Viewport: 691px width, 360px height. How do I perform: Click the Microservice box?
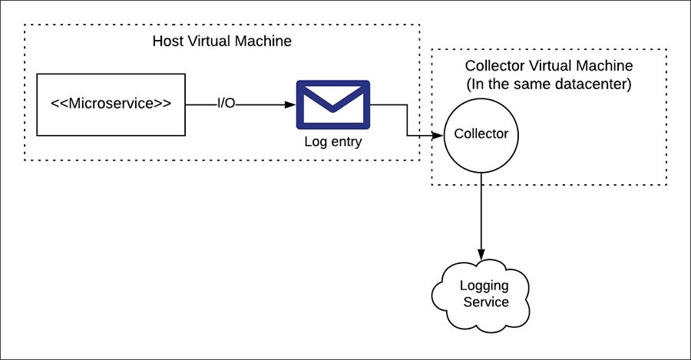click(x=111, y=104)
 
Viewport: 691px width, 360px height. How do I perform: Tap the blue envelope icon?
click(x=332, y=104)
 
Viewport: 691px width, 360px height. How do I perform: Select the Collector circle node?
click(x=481, y=134)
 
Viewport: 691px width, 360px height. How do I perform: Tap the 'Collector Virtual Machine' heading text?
click(x=548, y=65)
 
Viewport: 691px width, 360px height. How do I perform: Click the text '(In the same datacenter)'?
click(x=548, y=84)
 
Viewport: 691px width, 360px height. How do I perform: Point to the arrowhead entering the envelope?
click(x=289, y=104)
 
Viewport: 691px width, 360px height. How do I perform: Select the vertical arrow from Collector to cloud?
click(x=481, y=215)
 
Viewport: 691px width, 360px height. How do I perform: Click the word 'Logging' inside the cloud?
click(x=484, y=286)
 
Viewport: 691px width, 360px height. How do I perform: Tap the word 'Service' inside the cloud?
click(x=484, y=302)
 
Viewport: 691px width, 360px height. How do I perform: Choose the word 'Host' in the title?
click(x=169, y=41)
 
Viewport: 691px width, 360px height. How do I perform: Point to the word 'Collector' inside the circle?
click(x=481, y=134)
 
